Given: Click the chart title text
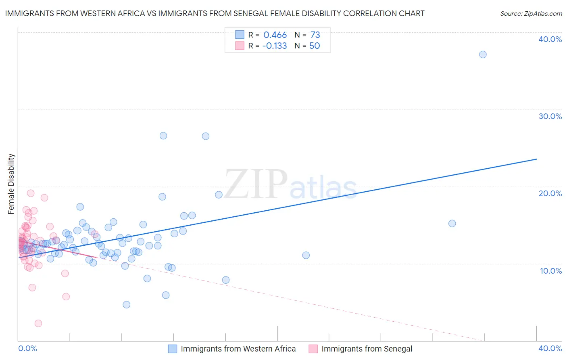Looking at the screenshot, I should pos(215,14).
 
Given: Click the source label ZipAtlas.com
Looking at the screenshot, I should pos(531,14).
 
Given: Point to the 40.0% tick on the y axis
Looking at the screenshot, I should pos(550,39).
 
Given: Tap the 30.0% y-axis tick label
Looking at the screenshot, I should pos(550,116).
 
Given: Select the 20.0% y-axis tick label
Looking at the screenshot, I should pos(550,193).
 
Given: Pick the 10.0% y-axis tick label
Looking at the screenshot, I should pos(550,271).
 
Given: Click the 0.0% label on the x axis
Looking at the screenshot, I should pos(27,348).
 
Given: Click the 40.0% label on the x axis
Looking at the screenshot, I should pos(550,348).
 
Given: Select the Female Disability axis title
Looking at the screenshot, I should pos(11,184).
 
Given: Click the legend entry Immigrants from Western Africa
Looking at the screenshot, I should pos(238,349).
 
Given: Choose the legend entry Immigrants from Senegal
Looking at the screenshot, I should pos(367,349).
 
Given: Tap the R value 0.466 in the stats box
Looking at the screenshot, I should pos(275,35).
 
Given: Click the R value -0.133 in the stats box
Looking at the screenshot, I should pos(274,46).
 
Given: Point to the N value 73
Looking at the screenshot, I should pos(315,35).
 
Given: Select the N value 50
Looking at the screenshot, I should pos(315,46).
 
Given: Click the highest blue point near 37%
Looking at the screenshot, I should pos(483,54).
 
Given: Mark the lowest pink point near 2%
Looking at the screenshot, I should pos(38,323).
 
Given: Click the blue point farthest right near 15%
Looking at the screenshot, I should pos(452,224).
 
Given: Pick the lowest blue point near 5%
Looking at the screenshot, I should pos(127,305).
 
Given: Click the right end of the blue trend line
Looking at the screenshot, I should pos(536,159).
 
